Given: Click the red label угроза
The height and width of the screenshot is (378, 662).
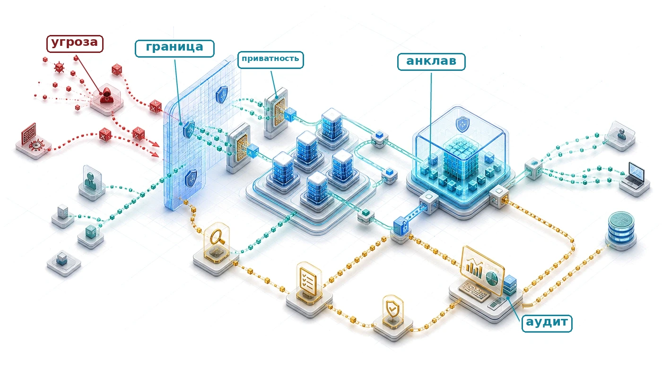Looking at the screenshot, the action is click(x=75, y=43).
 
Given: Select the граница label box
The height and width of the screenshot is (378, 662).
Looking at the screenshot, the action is click(x=174, y=48).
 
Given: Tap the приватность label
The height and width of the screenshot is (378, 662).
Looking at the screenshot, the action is click(x=270, y=60).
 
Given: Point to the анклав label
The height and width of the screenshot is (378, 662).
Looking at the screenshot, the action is click(x=431, y=62).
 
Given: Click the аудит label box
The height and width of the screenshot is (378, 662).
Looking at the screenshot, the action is click(x=547, y=323).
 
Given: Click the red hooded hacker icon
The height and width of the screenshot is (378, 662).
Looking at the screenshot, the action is click(x=106, y=94).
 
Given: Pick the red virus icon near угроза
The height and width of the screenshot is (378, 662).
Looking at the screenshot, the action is click(x=59, y=68).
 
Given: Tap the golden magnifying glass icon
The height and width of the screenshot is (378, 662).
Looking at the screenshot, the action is click(x=217, y=237).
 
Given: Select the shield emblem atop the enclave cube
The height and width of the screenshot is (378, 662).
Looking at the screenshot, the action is click(x=462, y=124).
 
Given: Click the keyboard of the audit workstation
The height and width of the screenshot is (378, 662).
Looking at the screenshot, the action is click(x=474, y=291).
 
